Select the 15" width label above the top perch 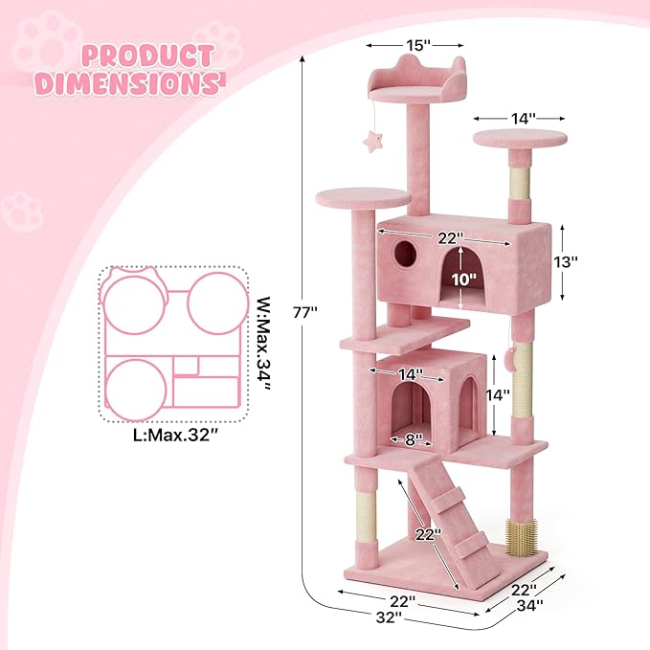tap(414, 44)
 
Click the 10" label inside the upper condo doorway tap(463, 280)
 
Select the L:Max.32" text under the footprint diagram tap(173, 435)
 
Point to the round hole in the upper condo tap(406, 253)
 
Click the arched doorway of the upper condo tap(462, 278)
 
